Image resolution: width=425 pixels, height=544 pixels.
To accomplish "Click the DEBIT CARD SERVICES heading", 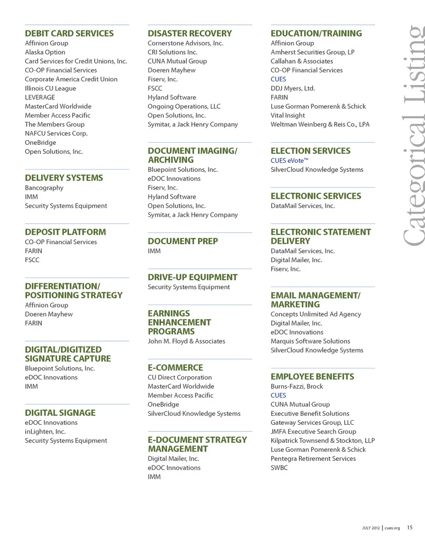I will pos(69,33).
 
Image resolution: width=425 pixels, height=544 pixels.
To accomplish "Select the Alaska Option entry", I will pos(45,52).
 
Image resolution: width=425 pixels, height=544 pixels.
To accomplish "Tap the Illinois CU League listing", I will pos(50,88).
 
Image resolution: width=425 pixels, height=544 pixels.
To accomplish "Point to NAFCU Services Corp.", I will pos(56,133).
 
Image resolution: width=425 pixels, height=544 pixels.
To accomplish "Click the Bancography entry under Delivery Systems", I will pos(44,188).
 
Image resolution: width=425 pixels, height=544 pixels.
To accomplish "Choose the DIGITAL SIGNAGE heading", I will pos(60,413).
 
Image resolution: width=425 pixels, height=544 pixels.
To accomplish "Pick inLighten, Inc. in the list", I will pos(45,431).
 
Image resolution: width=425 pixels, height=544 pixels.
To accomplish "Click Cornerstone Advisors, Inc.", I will pos(185,43).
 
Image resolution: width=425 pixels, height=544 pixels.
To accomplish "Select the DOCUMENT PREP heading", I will pos(182,241).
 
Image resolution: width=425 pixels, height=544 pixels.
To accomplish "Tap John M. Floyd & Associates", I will pos(186,341).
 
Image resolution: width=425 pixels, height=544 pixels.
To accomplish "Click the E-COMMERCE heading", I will pos(175,368).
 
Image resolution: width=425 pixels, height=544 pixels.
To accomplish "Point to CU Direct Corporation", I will pos(180,377).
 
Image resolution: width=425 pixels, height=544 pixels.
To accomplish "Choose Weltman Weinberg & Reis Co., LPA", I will pos(320,124).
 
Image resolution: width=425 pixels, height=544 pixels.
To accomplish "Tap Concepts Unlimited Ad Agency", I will pos(316,314).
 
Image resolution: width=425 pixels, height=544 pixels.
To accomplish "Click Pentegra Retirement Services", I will pos(313,459).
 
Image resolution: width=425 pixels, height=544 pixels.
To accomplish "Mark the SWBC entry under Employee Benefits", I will pos(279,467).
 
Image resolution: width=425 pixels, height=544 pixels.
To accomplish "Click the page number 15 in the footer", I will pos(410,527).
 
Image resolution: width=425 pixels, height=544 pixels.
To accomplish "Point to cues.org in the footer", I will pos(392,528).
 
